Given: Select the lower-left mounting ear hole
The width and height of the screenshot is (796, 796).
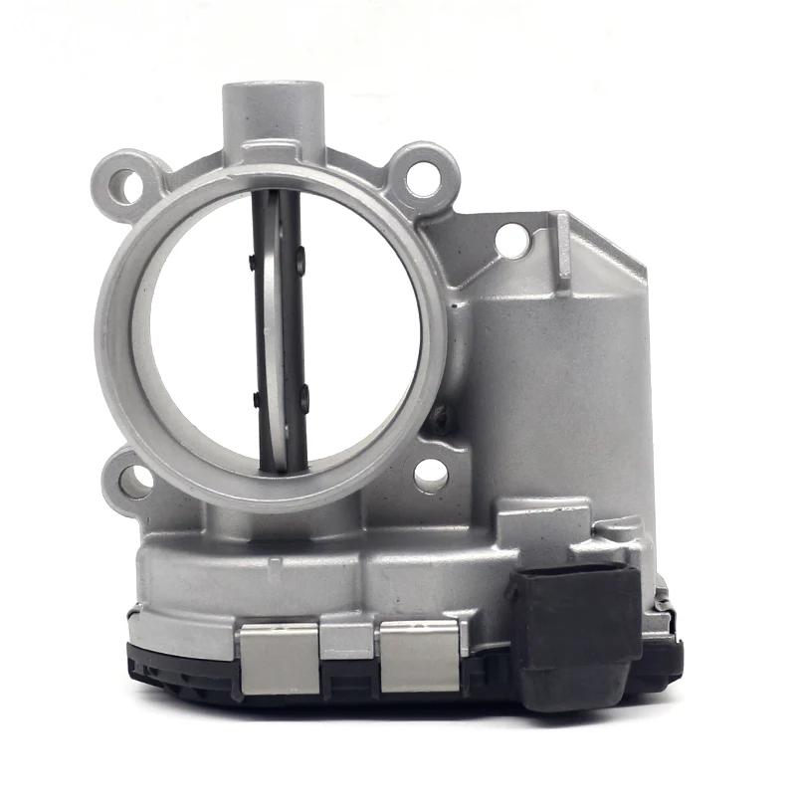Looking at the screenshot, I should click(x=136, y=482).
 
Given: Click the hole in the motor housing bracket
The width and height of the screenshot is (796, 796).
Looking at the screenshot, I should click(x=511, y=240).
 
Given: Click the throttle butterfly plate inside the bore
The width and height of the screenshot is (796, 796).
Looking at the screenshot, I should click(x=280, y=328).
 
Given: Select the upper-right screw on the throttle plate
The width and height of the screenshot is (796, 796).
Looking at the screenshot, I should click(x=299, y=263).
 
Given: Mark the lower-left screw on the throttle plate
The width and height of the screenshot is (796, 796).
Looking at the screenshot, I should click(x=258, y=400).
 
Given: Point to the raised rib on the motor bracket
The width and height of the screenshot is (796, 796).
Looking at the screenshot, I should click(x=563, y=245).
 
